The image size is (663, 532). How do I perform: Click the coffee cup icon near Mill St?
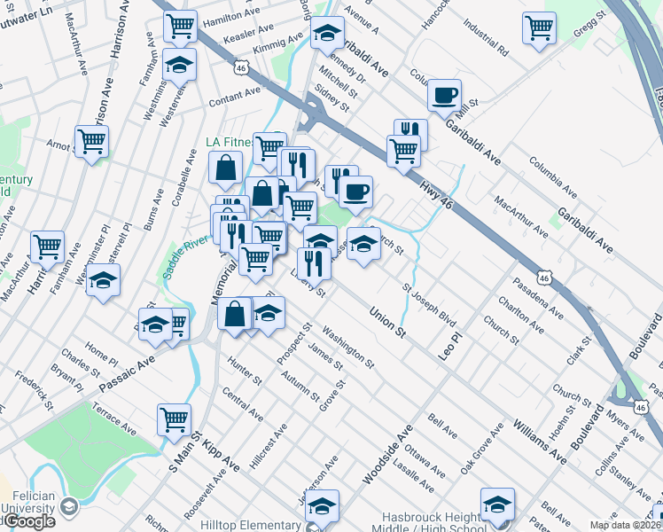tap(444, 94)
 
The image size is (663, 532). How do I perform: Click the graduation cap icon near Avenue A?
tap(327, 33)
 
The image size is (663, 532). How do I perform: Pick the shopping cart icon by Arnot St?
tap(91, 141)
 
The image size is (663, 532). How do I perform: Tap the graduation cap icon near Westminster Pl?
tap(104, 280)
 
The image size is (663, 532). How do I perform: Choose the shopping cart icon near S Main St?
tap(175, 418)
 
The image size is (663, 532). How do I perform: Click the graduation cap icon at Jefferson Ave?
tap(323, 505)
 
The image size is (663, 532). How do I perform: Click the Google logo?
tap(28, 521)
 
